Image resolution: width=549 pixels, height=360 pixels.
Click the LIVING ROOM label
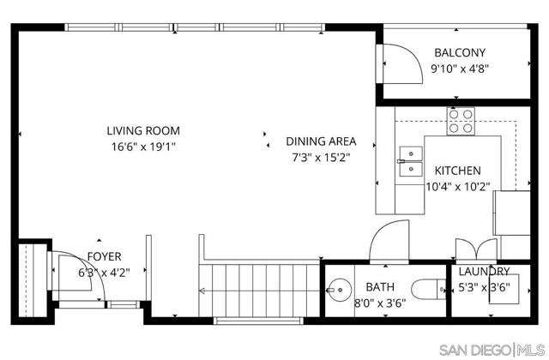coord(143,131)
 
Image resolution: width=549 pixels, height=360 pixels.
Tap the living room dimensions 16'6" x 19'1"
coord(143,147)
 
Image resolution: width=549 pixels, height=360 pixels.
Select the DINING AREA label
coord(321,141)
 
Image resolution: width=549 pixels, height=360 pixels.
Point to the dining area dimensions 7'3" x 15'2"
coord(321,157)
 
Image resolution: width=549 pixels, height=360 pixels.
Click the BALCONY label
coord(460,52)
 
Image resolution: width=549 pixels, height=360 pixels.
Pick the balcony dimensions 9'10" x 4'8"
coord(460,69)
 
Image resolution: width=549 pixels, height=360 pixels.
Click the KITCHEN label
coord(457,171)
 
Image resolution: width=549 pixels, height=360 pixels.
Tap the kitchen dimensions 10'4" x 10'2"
coord(457,186)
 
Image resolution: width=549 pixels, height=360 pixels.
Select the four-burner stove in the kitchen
coord(461,122)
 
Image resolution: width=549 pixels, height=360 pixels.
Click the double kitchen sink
coord(410,155)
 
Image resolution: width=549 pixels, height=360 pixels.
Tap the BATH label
coord(380,287)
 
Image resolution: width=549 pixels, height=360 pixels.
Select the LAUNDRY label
coord(483,271)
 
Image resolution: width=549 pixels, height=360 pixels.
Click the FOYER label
coord(104,256)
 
